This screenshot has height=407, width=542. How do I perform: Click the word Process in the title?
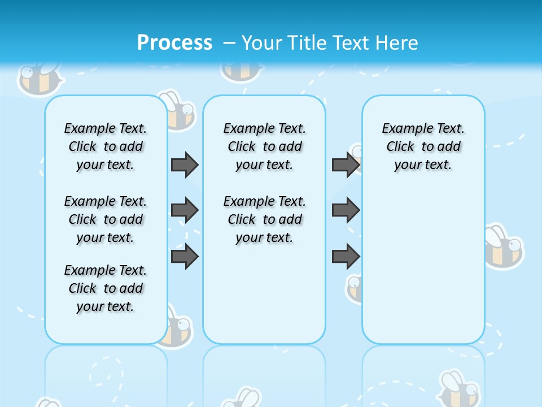[x=174, y=42]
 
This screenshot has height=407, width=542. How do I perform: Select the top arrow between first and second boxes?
[x=185, y=164]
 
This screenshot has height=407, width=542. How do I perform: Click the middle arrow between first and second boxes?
[x=185, y=210]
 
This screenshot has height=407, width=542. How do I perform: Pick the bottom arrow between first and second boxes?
[x=185, y=257]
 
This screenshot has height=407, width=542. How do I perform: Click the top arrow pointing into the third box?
[x=346, y=164]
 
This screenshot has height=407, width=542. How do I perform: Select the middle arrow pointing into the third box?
[x=346, y=210]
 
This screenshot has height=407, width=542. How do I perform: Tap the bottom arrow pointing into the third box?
[x=346, y=257]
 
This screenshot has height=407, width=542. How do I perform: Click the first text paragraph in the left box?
[x=106, y=146]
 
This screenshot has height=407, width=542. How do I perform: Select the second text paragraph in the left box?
[x=106, y=219]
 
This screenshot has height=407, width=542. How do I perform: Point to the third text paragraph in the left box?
[x=106, y=288]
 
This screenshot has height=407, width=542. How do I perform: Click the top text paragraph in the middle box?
[x=264, y=146]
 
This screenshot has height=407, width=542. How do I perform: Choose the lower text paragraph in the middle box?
[x=264, y=219]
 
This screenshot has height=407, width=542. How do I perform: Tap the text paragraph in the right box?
[x=423, y=146]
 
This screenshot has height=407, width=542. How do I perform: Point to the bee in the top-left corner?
[x=38, y=77]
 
